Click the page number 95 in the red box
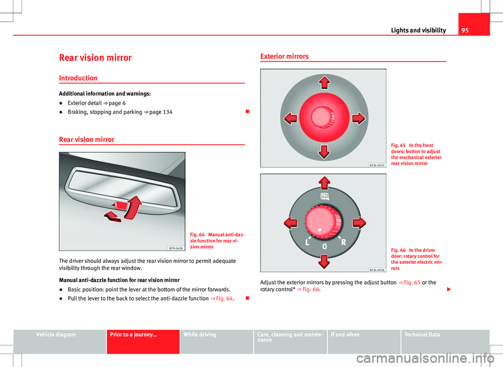pos(465,30)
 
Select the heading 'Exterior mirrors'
pos(284,57)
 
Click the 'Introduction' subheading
pos(78,78)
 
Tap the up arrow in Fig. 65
pos(324,82)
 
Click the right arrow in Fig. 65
pos(358,118)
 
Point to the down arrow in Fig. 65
pos(324,152)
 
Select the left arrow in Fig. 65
pos(290,118)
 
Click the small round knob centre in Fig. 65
pos(323,117)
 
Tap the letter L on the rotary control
pos(308,242)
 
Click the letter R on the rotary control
pos(344,242)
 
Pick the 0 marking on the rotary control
pos(325,247)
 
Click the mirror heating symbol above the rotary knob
pos(325,196)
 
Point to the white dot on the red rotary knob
pos(320,229)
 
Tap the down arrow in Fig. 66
pos(324,262)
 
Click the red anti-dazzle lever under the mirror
pos(121,205)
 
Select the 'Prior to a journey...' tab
pos(134,335)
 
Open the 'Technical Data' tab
pos(422,335)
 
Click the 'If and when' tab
pos(345,335)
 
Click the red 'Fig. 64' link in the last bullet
pos(224,298)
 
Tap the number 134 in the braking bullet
pos(168,112)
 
